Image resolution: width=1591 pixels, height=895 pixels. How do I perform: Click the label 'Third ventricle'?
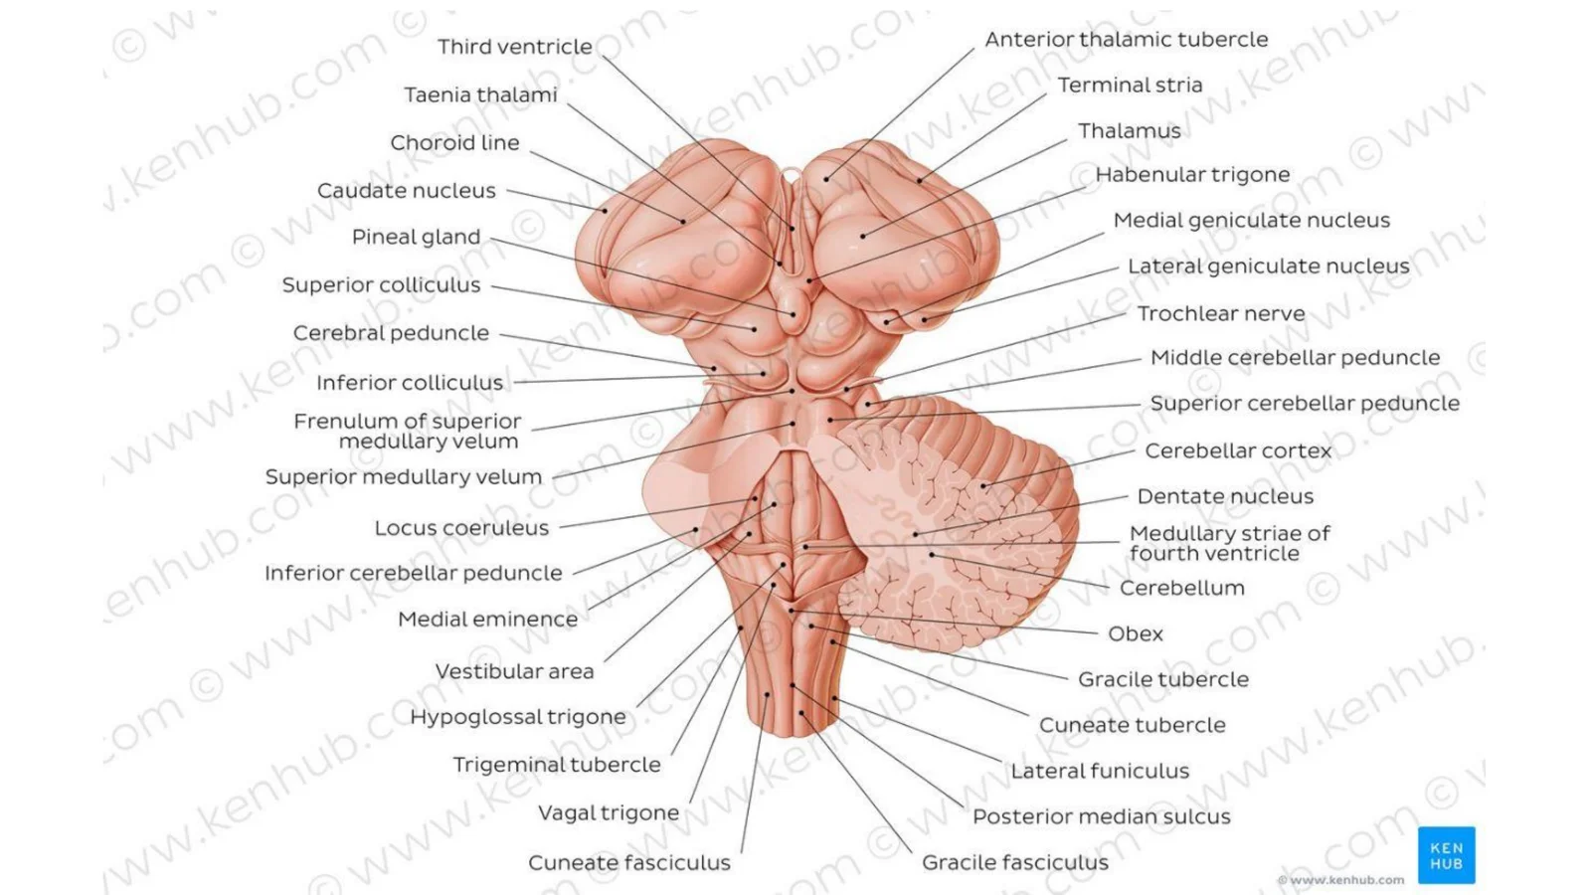(x=515, y=47)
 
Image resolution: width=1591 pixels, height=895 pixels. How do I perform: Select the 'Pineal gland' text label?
(x=417, y=238)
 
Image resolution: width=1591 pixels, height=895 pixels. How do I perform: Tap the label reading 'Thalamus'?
(x=1130, y=131)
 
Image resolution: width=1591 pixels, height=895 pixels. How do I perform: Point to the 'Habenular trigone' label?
(x=1192, y=175)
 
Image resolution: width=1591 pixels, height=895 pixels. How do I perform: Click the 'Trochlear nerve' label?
(x=1221, y=314)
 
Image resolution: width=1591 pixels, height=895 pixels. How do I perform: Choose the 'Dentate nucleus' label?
(x=1225, y=496)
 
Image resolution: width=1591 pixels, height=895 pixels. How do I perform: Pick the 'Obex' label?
(x=1135, y=633)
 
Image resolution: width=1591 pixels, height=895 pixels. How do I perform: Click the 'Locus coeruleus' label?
(x=461, y=528)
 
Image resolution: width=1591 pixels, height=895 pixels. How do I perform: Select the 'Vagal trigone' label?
(x=609, y=813)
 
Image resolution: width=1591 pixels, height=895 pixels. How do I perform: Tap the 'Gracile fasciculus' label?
(x=1015, y=863)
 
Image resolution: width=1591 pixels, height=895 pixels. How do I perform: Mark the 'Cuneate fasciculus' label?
(x=629, y=863)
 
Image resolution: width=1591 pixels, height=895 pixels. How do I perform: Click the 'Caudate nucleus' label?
(x=407, y=191)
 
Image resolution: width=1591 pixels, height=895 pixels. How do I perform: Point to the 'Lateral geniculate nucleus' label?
(x=1269, y=268)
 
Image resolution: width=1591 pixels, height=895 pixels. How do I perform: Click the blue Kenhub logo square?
(x=1446, y=855)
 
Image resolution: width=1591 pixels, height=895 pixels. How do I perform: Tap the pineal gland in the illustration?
(x=795, y=312)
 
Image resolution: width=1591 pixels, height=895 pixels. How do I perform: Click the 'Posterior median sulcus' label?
(x=1101, y=816)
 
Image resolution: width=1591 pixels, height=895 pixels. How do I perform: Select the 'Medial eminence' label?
(x=488, y=620)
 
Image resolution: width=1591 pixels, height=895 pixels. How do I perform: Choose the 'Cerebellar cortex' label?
(x=1238, y=451)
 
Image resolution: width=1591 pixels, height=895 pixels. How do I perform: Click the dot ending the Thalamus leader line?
(x=863, y=236)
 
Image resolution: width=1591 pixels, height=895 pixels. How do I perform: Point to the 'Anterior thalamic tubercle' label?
(x=1126, y=40)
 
